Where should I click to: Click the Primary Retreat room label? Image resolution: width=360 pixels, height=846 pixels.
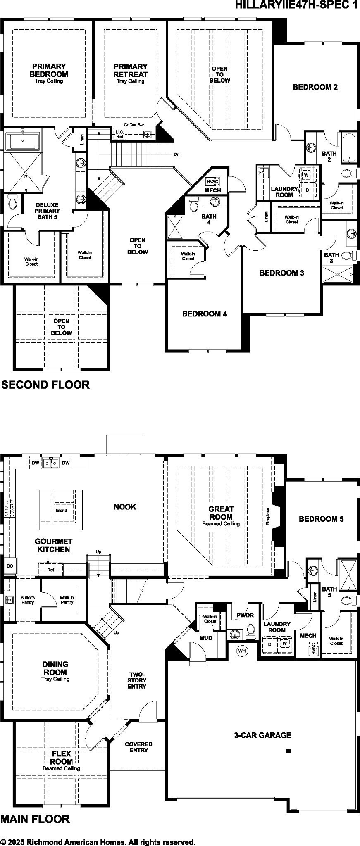(131, 71)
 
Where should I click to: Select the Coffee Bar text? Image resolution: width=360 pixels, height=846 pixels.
(134, 124)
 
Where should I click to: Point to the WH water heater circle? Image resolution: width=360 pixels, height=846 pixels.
(242, 651)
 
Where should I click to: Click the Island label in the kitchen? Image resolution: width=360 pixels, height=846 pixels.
(61, 511)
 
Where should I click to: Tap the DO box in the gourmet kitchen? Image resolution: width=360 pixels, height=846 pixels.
(10, 566)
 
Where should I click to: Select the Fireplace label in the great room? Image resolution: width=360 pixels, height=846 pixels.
(268, 516)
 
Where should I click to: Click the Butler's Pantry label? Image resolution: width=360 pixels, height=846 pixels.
(28, 600)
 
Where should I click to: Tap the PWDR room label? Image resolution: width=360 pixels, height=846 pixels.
(245, 615)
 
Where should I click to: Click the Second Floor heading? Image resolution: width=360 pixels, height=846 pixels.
(45, 385)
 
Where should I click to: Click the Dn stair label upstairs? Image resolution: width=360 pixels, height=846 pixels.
(176, 154)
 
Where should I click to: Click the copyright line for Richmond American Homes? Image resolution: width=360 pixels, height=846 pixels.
(98, 842)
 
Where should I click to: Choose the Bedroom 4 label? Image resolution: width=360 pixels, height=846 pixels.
(204, 314)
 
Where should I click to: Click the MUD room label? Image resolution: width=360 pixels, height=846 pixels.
(206, 638)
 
